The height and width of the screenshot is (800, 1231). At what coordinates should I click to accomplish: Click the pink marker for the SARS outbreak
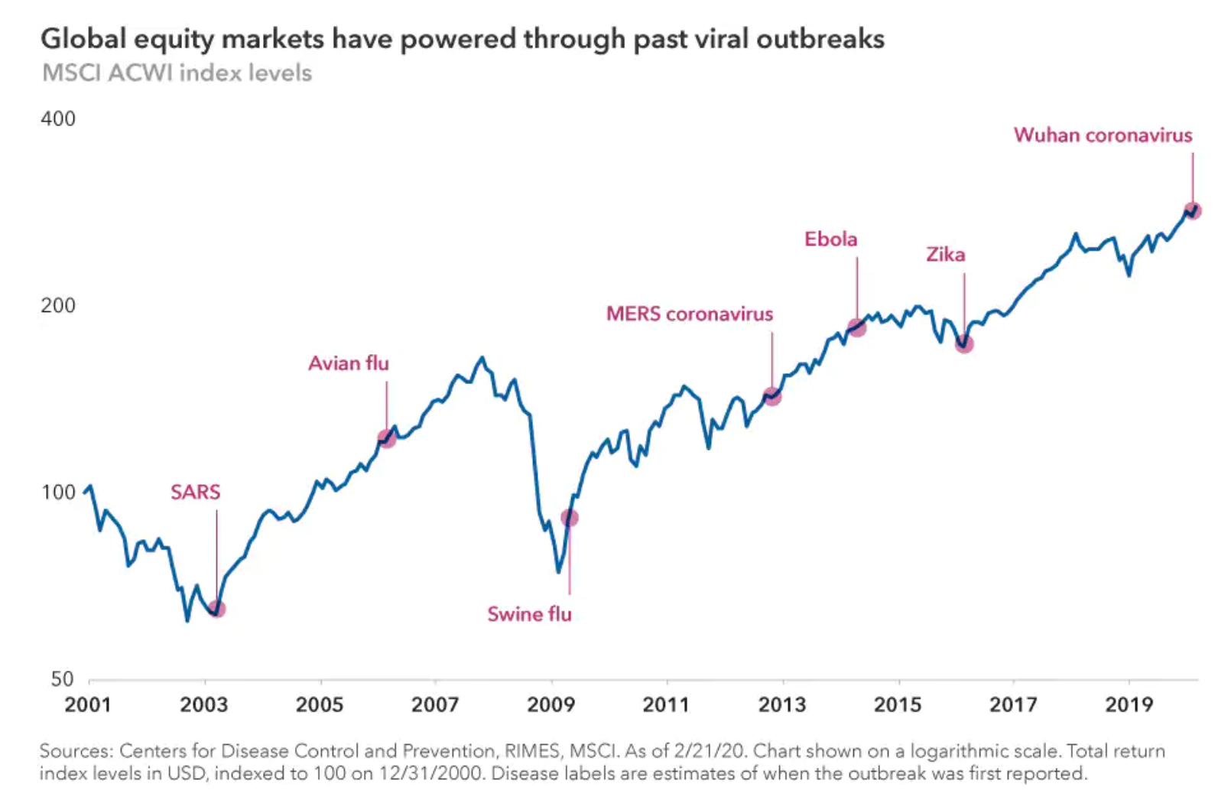(x=217, y=609)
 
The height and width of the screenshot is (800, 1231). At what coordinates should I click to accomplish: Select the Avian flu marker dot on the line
(x=387, y=439)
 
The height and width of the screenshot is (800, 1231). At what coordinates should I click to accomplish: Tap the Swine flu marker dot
(x=570, y=518)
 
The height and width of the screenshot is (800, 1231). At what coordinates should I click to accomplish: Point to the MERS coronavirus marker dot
(x=772, y=396)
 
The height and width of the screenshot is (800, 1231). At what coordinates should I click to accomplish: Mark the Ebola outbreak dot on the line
(x=857, y=327)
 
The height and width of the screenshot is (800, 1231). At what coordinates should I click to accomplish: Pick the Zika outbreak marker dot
(x=964, y=344)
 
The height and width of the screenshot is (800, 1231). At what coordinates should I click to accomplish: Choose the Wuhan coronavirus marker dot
(x=1192, y=210)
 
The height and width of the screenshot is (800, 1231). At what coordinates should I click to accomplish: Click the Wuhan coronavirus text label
(x=1103, y=135)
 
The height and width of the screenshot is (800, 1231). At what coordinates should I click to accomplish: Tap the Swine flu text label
(x=529, y=614)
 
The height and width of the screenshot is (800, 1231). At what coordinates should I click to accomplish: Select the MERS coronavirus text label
(x=690, y=314)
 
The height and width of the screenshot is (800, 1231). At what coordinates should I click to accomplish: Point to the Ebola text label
(x=830, y=239)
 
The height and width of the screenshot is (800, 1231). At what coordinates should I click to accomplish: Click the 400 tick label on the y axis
(x=58, y=119)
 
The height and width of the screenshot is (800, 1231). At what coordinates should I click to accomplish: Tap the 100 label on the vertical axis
(x=58, y=492)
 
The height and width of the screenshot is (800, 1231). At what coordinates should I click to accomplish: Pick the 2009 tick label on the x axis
(x=551, y=704)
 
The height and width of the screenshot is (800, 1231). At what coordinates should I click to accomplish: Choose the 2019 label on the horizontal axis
(x=1129, y=704)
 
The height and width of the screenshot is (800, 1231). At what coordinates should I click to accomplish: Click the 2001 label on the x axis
(x=88, y=704)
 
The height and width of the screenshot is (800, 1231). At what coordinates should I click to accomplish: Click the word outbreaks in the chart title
(x=820, y=39)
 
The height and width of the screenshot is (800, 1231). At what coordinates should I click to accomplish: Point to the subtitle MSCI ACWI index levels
(x=177, y=73)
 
